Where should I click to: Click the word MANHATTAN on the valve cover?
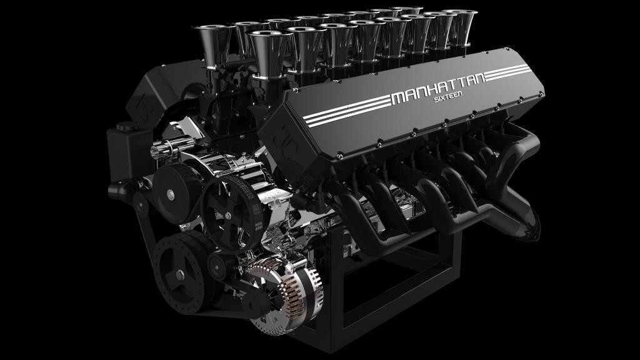pyautogui.click(x=437, y=88)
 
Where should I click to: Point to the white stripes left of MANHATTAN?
pyautogui.click(x=347, y=111)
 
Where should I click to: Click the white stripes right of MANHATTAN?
pyautogui.click(x=507, y=72)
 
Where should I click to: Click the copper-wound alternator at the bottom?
pyautogui.click(x=286, y=291)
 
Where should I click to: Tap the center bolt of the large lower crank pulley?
pyautogui.click(x=180, y=275)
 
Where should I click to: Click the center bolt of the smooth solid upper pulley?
pyautogui.click(x=170, y=195)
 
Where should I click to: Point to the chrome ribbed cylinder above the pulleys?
pyautogui.click(x=172, y=147)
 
